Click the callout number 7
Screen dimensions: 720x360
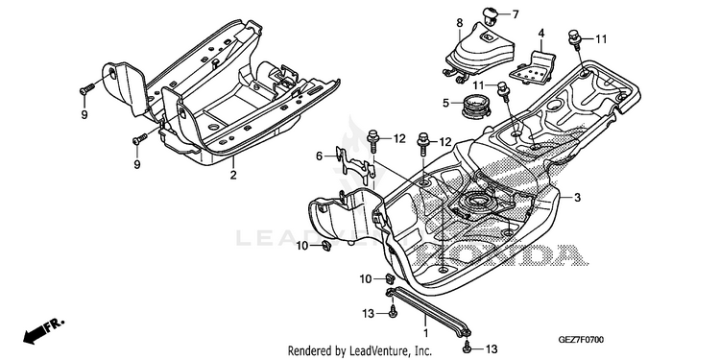(x=516, y=14)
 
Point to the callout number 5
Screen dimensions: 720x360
(x=445, y=103)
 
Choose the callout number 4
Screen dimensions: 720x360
(x=541, y=33)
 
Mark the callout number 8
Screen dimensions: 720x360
(x=460, y=22)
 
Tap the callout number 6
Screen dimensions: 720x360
(x=319, y=156)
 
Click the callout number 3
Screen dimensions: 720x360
(x=577, y=198)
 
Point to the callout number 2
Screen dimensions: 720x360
(x=233, y=175)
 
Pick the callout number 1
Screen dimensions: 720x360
(x=425, y=332)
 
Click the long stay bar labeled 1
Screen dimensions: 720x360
(x=429, y=311)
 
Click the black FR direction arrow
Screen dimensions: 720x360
(x=43, y=331)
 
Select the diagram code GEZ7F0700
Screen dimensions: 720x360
(x=581, y=340)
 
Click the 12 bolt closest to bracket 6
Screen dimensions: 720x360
(x=372, y=141)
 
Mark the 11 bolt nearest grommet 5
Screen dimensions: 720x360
(x=503, y=91)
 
